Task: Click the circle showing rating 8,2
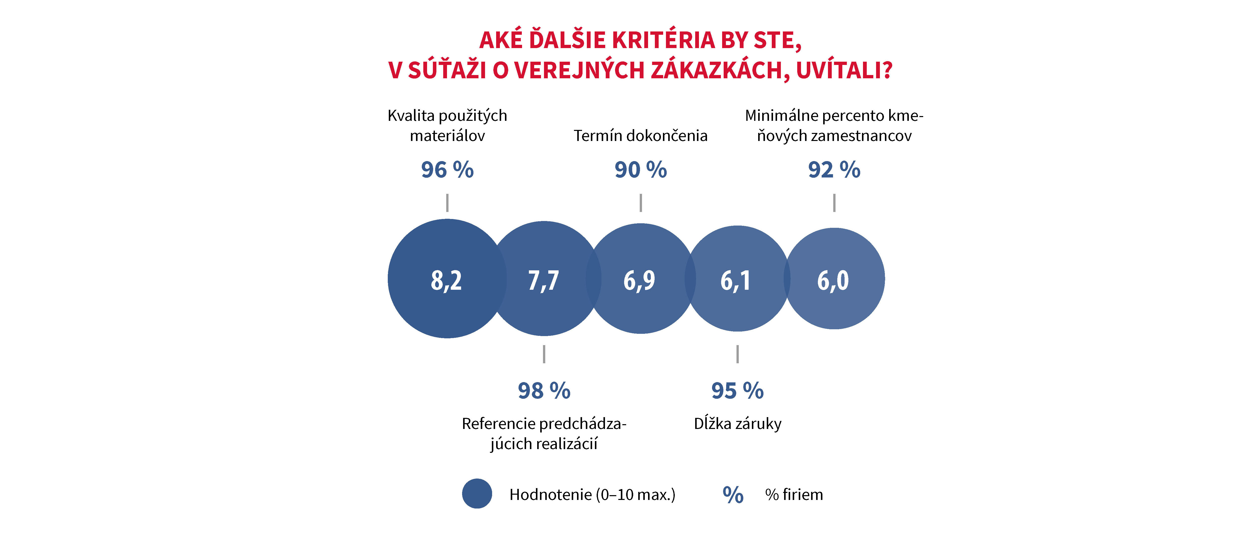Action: click(446, 279)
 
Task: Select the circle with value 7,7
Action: click(544, 279)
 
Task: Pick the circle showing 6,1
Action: click(736, 279)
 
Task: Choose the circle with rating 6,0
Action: click(834, 279)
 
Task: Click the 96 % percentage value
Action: click(447, 170)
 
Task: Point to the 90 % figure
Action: click(640, 170)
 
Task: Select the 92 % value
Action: click(834, 170)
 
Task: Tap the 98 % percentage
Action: click(544, 391)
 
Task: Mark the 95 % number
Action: click(737, 391)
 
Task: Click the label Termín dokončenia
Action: click(640, 136)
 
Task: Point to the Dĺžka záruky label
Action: click(738, 424)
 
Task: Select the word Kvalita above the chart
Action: click(410, 116)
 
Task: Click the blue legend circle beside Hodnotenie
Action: click(477, 494)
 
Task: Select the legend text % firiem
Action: click(794, 495)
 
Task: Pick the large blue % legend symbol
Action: click(733, 495)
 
